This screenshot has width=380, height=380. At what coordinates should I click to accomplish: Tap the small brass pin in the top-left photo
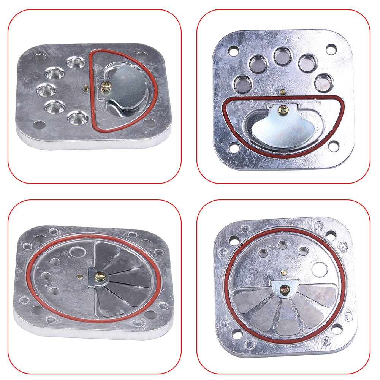tap(87, 89)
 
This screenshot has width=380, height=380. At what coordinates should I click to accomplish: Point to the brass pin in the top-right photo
tap(283, 92)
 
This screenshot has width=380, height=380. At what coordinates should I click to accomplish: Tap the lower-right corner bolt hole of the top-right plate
tap(334, 145)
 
